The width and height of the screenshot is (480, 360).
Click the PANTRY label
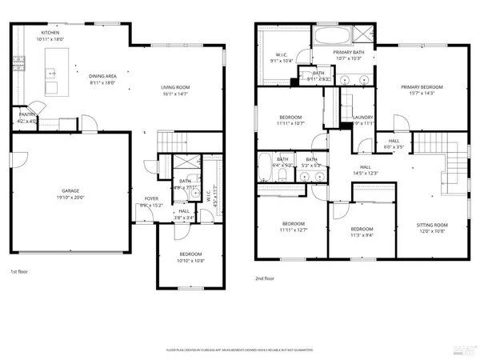(x=26, y=118)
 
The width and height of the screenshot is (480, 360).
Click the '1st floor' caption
(x=21, y=272)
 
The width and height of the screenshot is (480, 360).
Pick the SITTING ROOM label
(x=432, y=230)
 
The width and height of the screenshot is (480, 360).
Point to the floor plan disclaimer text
(x=240, y=350)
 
